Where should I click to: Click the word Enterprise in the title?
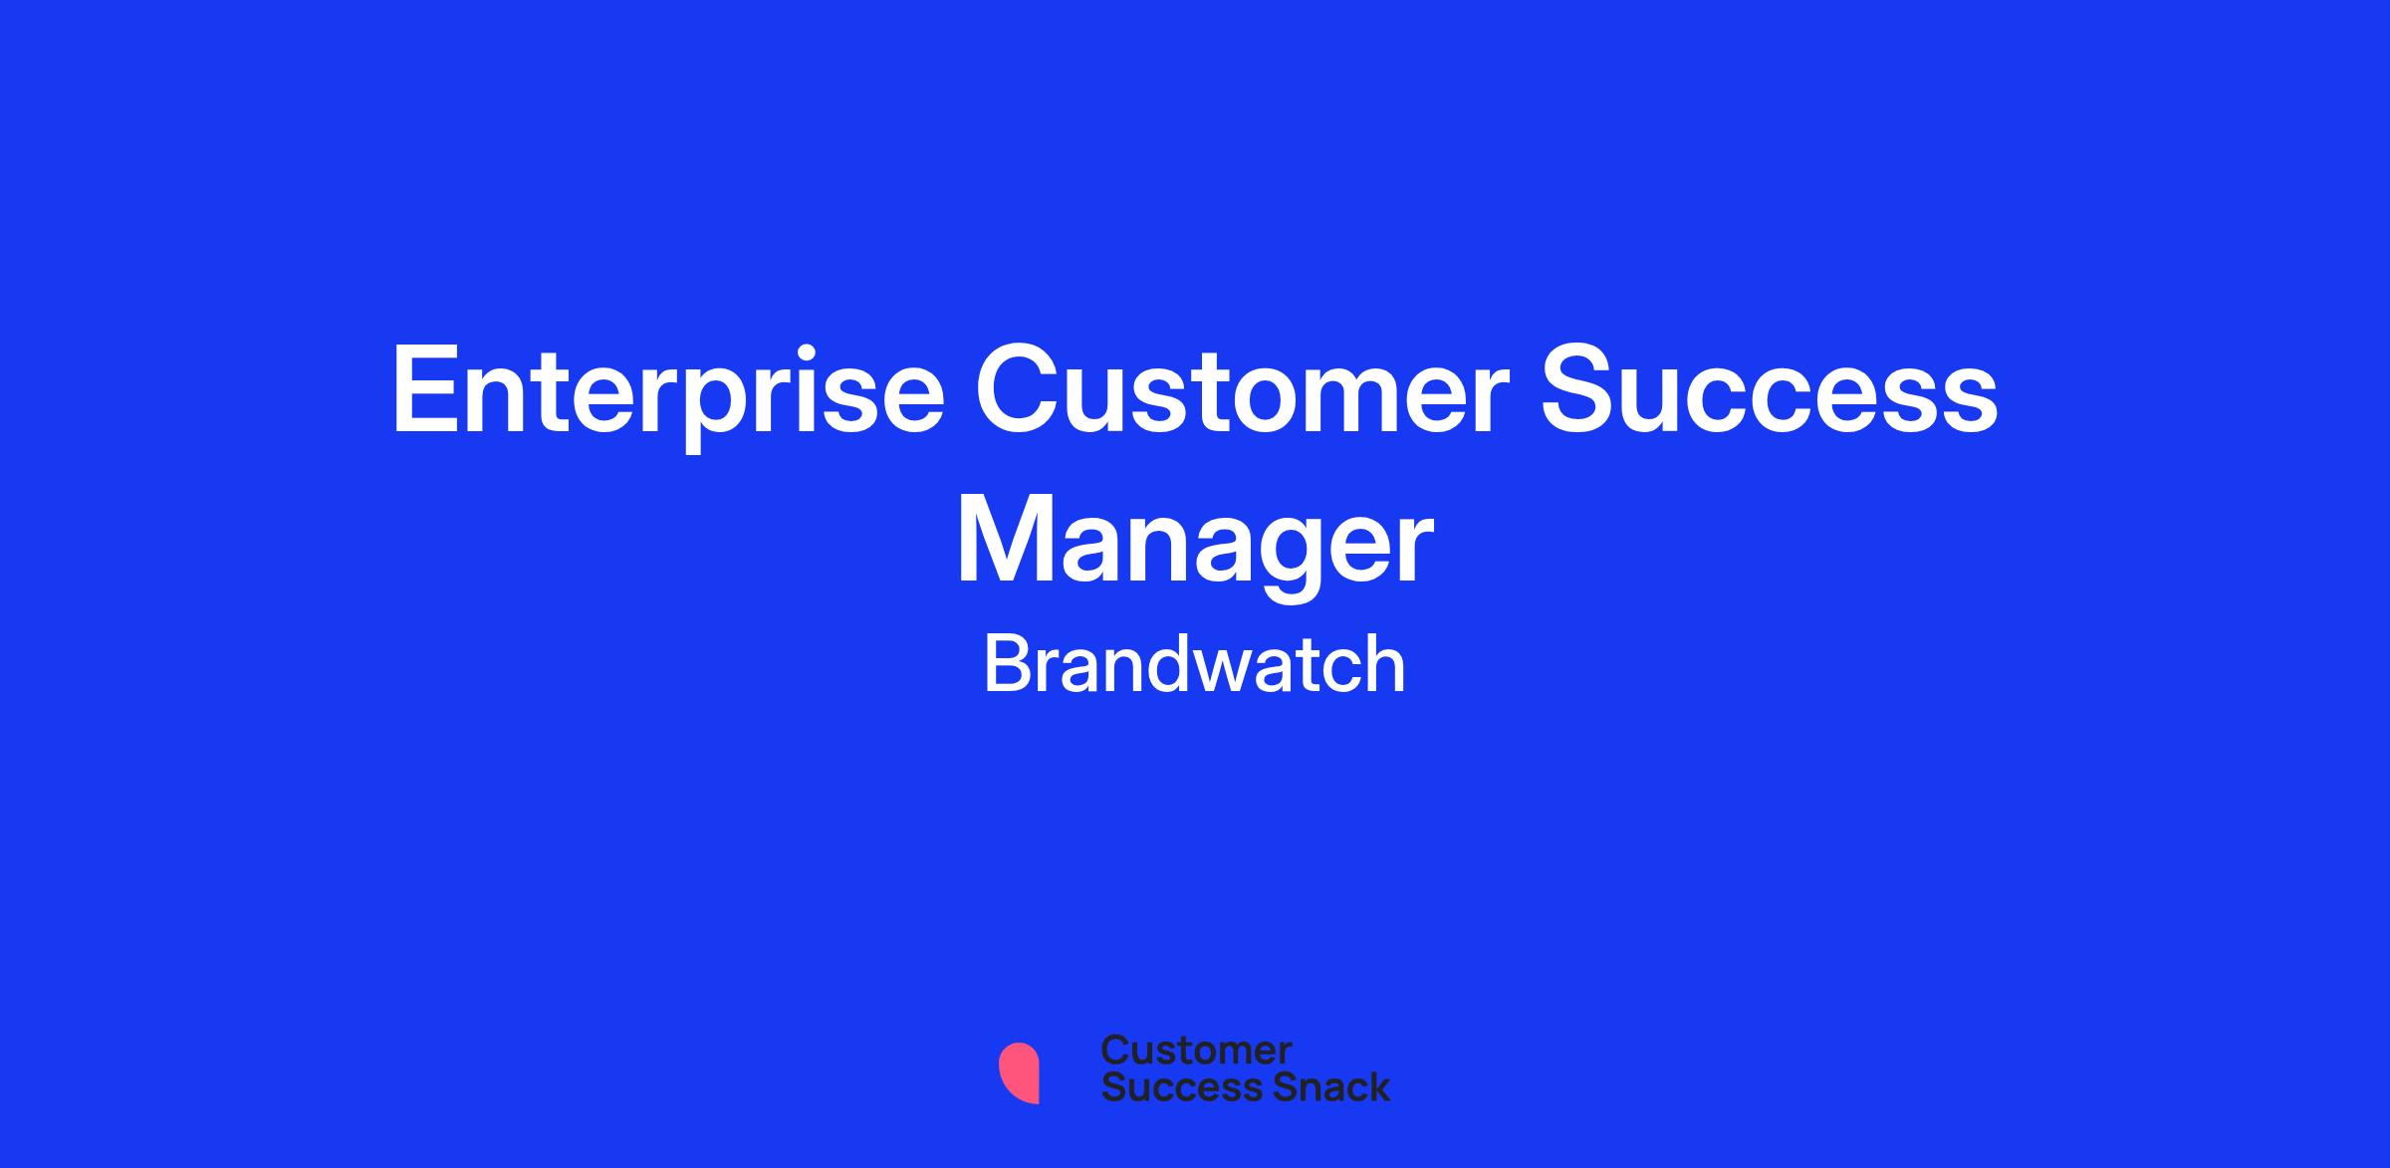click(x=667, y=393)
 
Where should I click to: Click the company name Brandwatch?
click(x=1194, y=664)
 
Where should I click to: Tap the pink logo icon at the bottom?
click(x=1019, y=1072)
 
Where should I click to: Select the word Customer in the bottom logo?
click(x=1196, y=1051)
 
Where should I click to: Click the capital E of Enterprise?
click(x=426, y=389)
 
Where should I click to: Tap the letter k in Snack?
click(x=1378, y=1086)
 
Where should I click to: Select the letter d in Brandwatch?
click(x=1167, y=664)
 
